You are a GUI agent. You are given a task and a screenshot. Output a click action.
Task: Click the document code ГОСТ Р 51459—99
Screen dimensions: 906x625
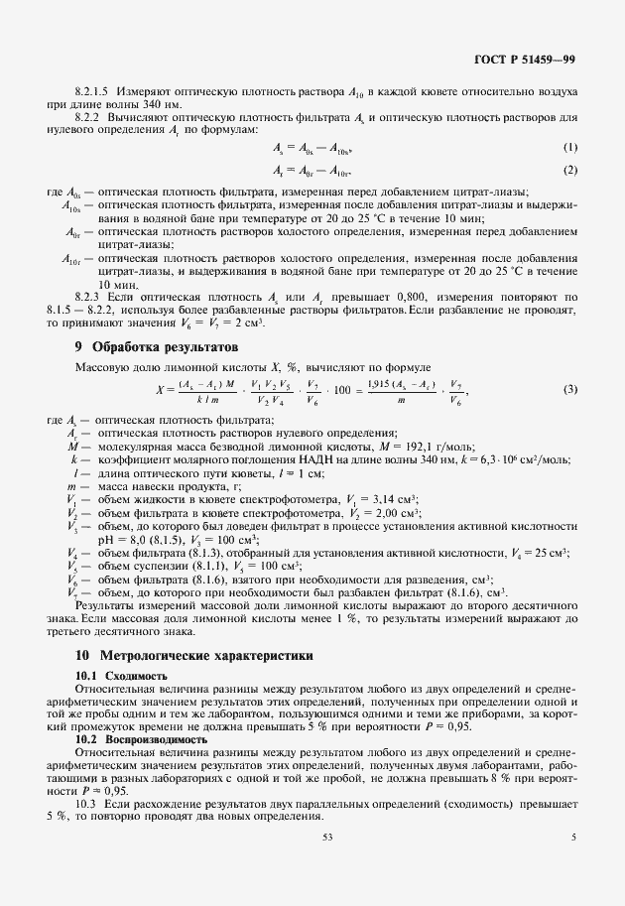point(525,60)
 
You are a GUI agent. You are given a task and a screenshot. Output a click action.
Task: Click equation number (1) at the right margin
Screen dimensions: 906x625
point(570,148)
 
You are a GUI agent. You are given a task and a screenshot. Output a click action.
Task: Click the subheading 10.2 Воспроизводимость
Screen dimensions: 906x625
point(141,739)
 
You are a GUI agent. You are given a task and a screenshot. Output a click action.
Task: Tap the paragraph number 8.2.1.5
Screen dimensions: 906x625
point(94,91)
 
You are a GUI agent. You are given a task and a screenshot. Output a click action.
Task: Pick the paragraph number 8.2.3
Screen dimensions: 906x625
point(90,297)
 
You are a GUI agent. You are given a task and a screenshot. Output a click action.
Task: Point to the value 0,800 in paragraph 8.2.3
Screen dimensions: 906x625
point(412,297)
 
